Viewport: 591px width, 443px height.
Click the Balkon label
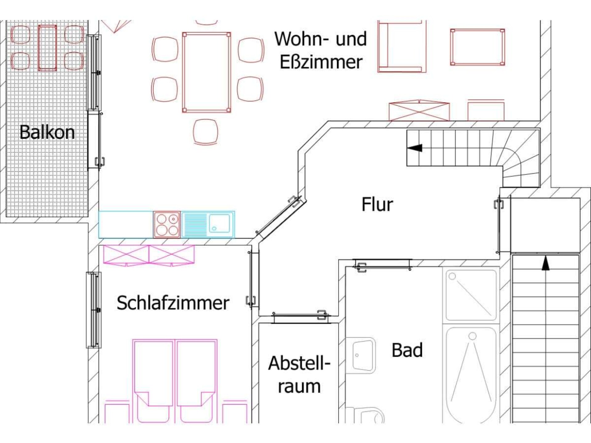47,132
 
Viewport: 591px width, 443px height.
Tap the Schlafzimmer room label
173,303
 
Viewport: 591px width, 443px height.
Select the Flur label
377,204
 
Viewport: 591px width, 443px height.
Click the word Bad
407,350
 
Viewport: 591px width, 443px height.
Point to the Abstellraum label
299,374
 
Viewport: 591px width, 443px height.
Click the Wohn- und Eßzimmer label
321,50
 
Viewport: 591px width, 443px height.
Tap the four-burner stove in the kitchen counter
167,225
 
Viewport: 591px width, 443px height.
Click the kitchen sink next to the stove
208,225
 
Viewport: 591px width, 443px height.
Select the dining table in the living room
206,73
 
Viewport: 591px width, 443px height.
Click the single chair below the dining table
206,132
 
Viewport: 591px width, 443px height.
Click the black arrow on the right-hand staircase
545,263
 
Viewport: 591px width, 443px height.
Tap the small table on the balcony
47,48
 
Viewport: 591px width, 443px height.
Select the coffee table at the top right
477,47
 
